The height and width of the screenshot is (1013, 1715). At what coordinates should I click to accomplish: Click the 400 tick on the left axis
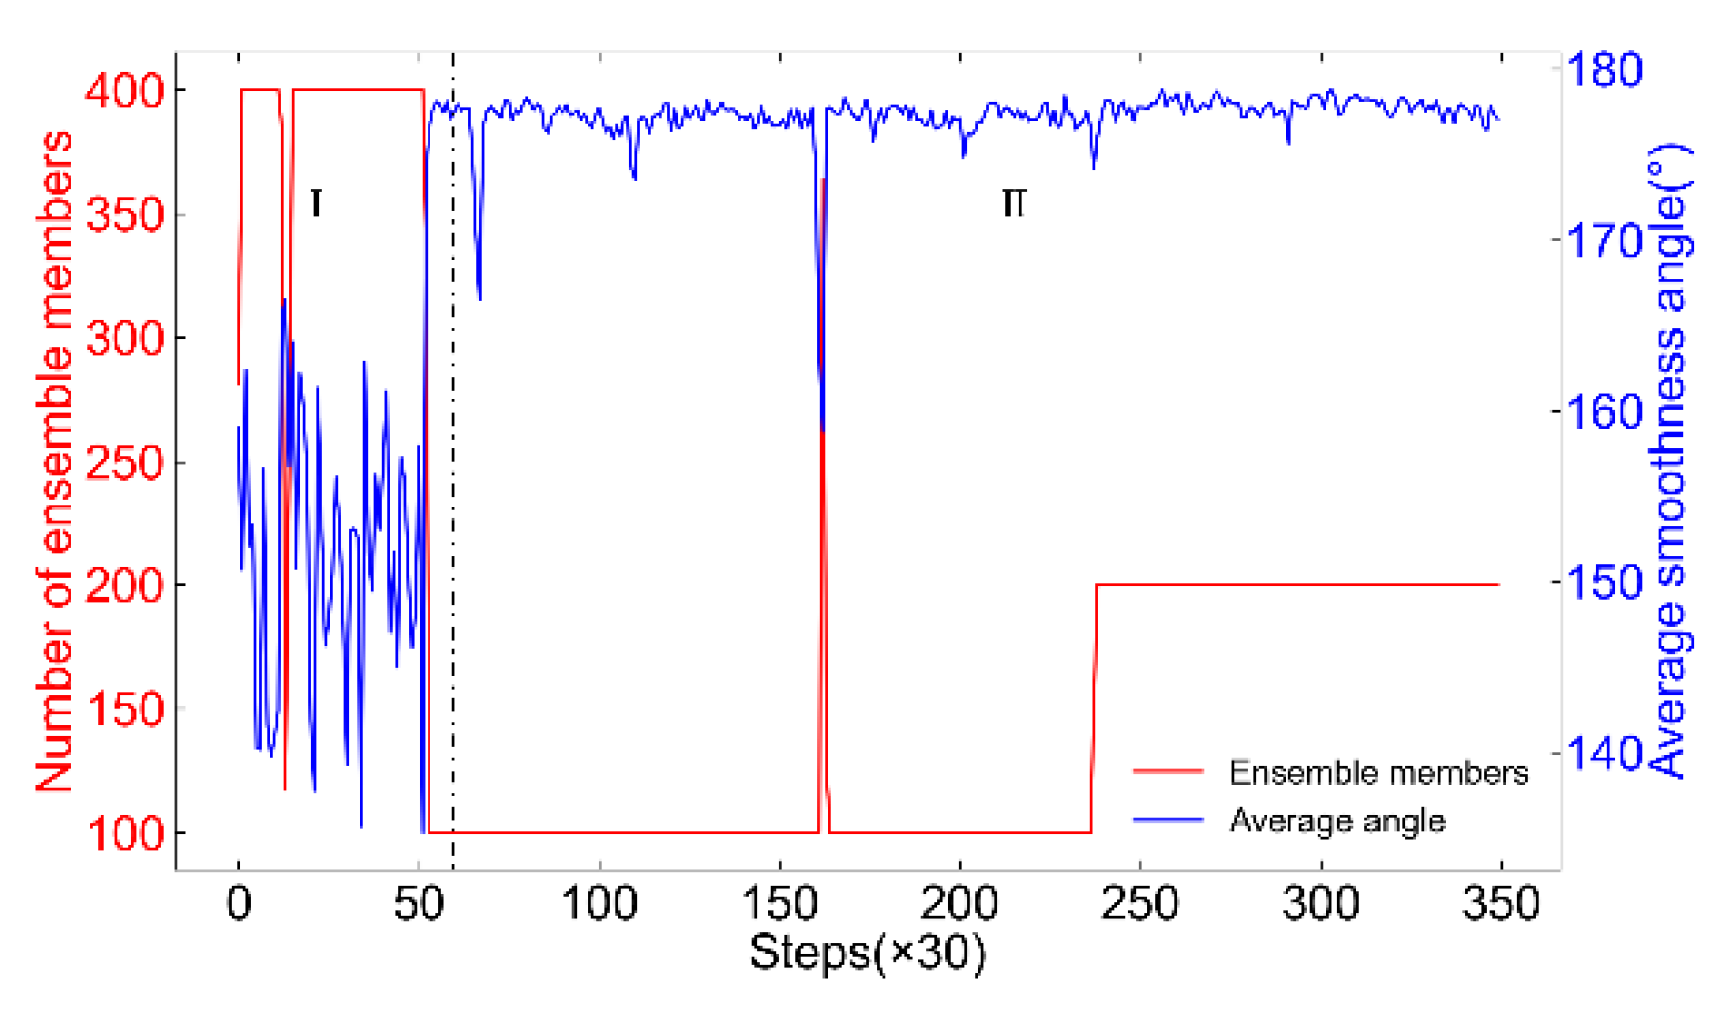pyautogui.click(x=124, y=92)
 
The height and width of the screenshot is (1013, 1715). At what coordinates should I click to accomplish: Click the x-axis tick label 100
pyautogui.click(x=599, y=904)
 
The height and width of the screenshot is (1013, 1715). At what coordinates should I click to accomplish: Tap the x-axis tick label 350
pyautogui.click(x=1500, y=904)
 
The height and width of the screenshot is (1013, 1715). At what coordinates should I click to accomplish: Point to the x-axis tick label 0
pyautogui.click(x=238, y=904)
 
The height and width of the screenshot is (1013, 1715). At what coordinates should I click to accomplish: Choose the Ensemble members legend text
pyautogui.click(x=1377, y=773)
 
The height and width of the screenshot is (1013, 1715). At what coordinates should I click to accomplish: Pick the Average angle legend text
pyautogui.click(x=1336, y=821)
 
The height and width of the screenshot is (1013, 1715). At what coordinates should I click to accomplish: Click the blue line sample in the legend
pyautogui.click(x=1167, y=821)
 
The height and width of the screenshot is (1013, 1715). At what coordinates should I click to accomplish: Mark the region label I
pyautogui.click(x=316, y=203)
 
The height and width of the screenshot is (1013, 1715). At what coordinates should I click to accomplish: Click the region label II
pyautogui.click(x=1013, y=203)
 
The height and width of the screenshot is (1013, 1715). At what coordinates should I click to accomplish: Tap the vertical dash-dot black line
pyautogui.click(x=453, y=500)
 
